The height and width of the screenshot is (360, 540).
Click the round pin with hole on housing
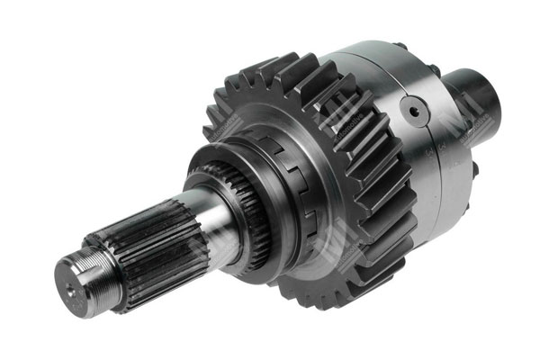click(x=416, y=114)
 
